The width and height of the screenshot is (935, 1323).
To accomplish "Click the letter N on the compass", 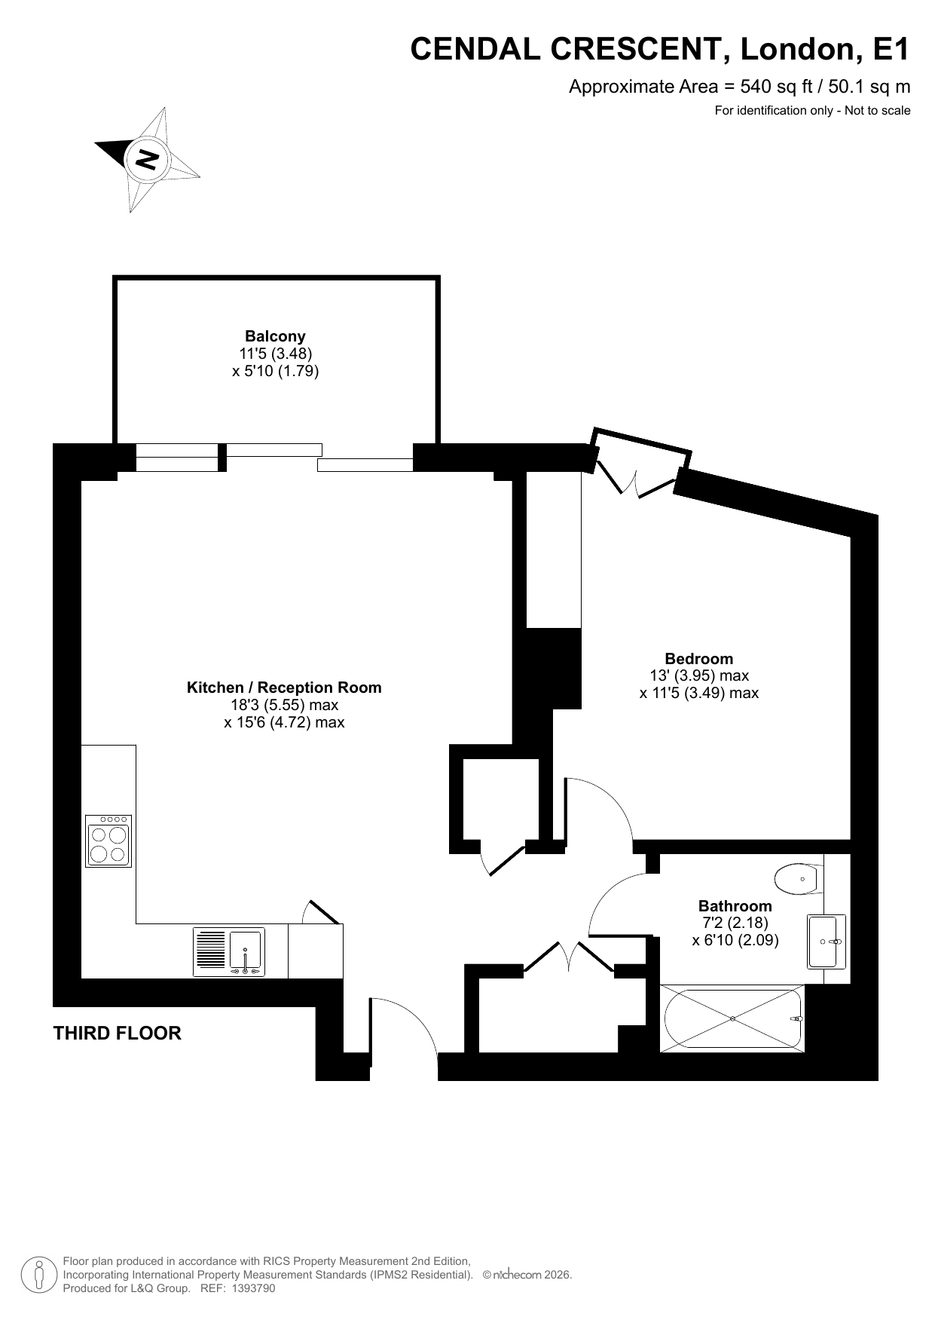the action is click(x=147, y=159).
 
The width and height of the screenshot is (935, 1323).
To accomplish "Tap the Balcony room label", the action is click(x=275, y=336).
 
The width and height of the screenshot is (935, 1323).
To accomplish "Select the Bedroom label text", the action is click(x=698, y=658).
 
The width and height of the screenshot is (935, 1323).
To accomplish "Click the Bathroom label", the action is click(x=735, y=906).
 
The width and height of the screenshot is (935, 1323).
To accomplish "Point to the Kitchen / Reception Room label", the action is click(x=284, y=688).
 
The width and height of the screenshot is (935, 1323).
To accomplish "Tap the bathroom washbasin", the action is click(x=827, y=941).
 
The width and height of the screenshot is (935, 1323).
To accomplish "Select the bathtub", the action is click(x=732, y=1018).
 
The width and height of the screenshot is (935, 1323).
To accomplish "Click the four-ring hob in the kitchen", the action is click(x=108, y=841).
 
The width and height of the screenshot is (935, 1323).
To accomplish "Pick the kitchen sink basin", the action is click(x=246, y=951).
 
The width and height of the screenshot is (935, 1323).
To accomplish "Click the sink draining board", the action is click(x=211, y=951).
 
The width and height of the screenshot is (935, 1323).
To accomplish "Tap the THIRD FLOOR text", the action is click(x=118, y=1033).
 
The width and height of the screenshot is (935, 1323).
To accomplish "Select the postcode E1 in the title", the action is click(x=891, y=49).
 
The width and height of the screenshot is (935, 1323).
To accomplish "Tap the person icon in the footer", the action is click(x=39, y=1274).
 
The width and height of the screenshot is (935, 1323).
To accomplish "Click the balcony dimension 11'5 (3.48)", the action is click(x=276, y=354).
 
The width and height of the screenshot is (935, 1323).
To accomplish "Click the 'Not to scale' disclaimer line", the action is click(x=812, y=111).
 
